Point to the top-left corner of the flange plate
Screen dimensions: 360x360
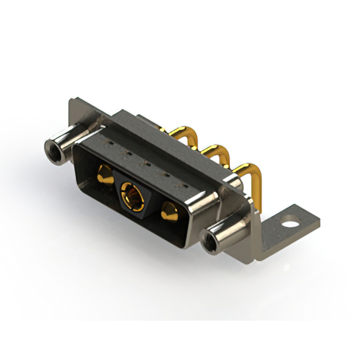point(71,101)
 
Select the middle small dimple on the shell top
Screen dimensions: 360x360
point(145,165)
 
